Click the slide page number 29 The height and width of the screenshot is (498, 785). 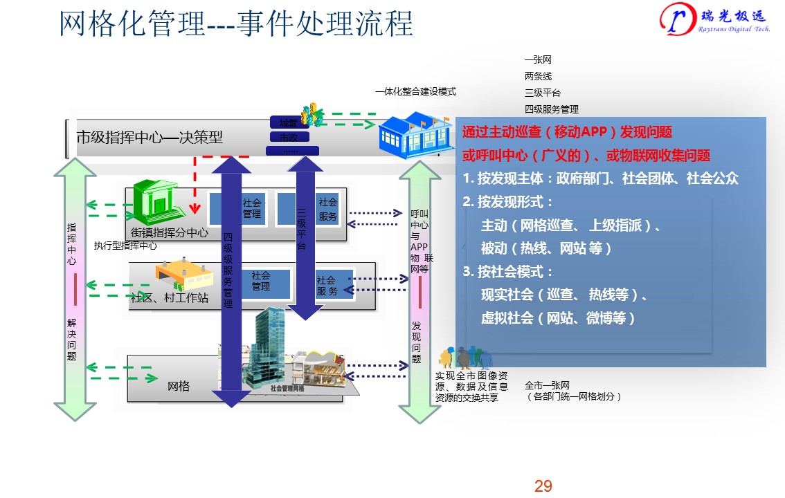pos(543,486)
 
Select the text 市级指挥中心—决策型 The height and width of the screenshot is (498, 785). pos(150,137)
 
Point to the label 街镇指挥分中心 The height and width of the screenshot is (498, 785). pos(170,233)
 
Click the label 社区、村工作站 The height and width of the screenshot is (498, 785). pos(170,299)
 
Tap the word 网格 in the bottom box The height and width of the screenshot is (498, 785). pos(179,386)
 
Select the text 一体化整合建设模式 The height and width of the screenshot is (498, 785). pos(415,92)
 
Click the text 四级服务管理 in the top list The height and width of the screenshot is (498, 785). pos(552,109)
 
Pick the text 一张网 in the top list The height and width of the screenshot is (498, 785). pos(538,60)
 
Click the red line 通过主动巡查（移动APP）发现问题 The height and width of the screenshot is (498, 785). pos(567,132)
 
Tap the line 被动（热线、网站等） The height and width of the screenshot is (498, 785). pos(546,248)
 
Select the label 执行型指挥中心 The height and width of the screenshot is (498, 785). pos(125,246)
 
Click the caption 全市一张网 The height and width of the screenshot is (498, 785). pos(547,385)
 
